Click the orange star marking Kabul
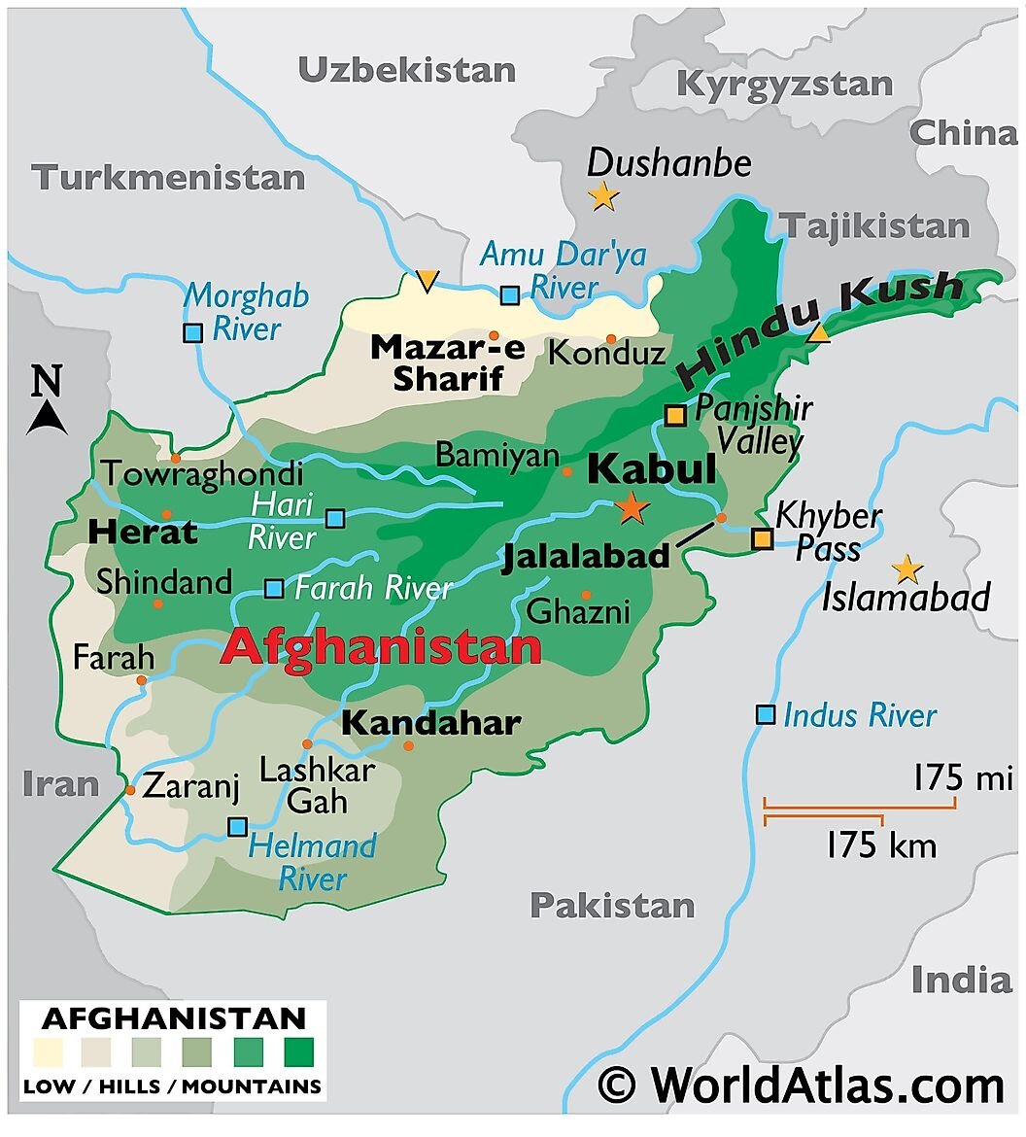633,507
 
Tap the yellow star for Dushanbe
603,197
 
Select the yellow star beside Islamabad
906,569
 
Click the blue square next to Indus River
766,715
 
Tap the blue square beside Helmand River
237,827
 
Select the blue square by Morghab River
192,332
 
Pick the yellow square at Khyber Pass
764,538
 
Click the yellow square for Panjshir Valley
675,416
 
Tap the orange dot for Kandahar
408,745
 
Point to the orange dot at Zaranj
130,790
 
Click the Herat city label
142,533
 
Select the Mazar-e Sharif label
447,362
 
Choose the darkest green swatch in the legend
298,1052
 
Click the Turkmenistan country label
168,178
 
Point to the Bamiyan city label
496,456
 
